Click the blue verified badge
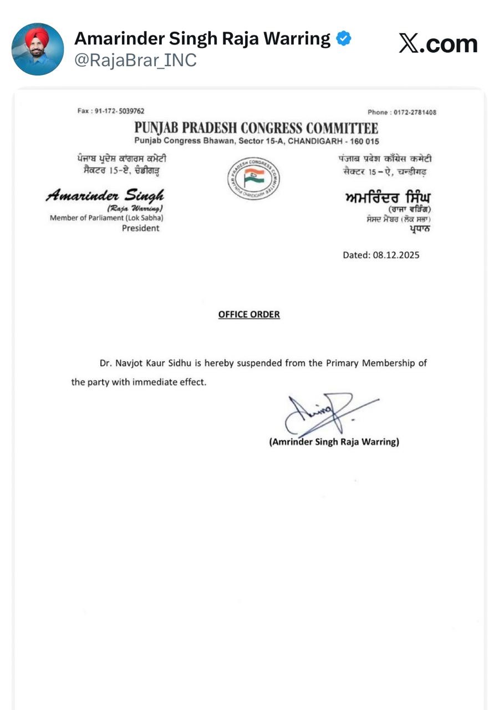click(344, 39)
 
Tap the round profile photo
click(38, 49)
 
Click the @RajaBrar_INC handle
click(135, 60)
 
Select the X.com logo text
click(438, 44)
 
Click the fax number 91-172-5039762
click(119, 111)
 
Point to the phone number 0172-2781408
click(415, 112)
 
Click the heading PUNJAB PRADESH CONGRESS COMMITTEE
click(256, 128)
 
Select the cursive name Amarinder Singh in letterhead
click(105, 195)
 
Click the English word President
click(140, 228)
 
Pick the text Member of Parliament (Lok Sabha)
click(106, 218)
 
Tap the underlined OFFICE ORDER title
click(249, 315)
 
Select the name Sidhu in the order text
click(189, 363)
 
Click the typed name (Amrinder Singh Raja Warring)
click(334, 442)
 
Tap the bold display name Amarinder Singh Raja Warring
click(202, 39)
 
